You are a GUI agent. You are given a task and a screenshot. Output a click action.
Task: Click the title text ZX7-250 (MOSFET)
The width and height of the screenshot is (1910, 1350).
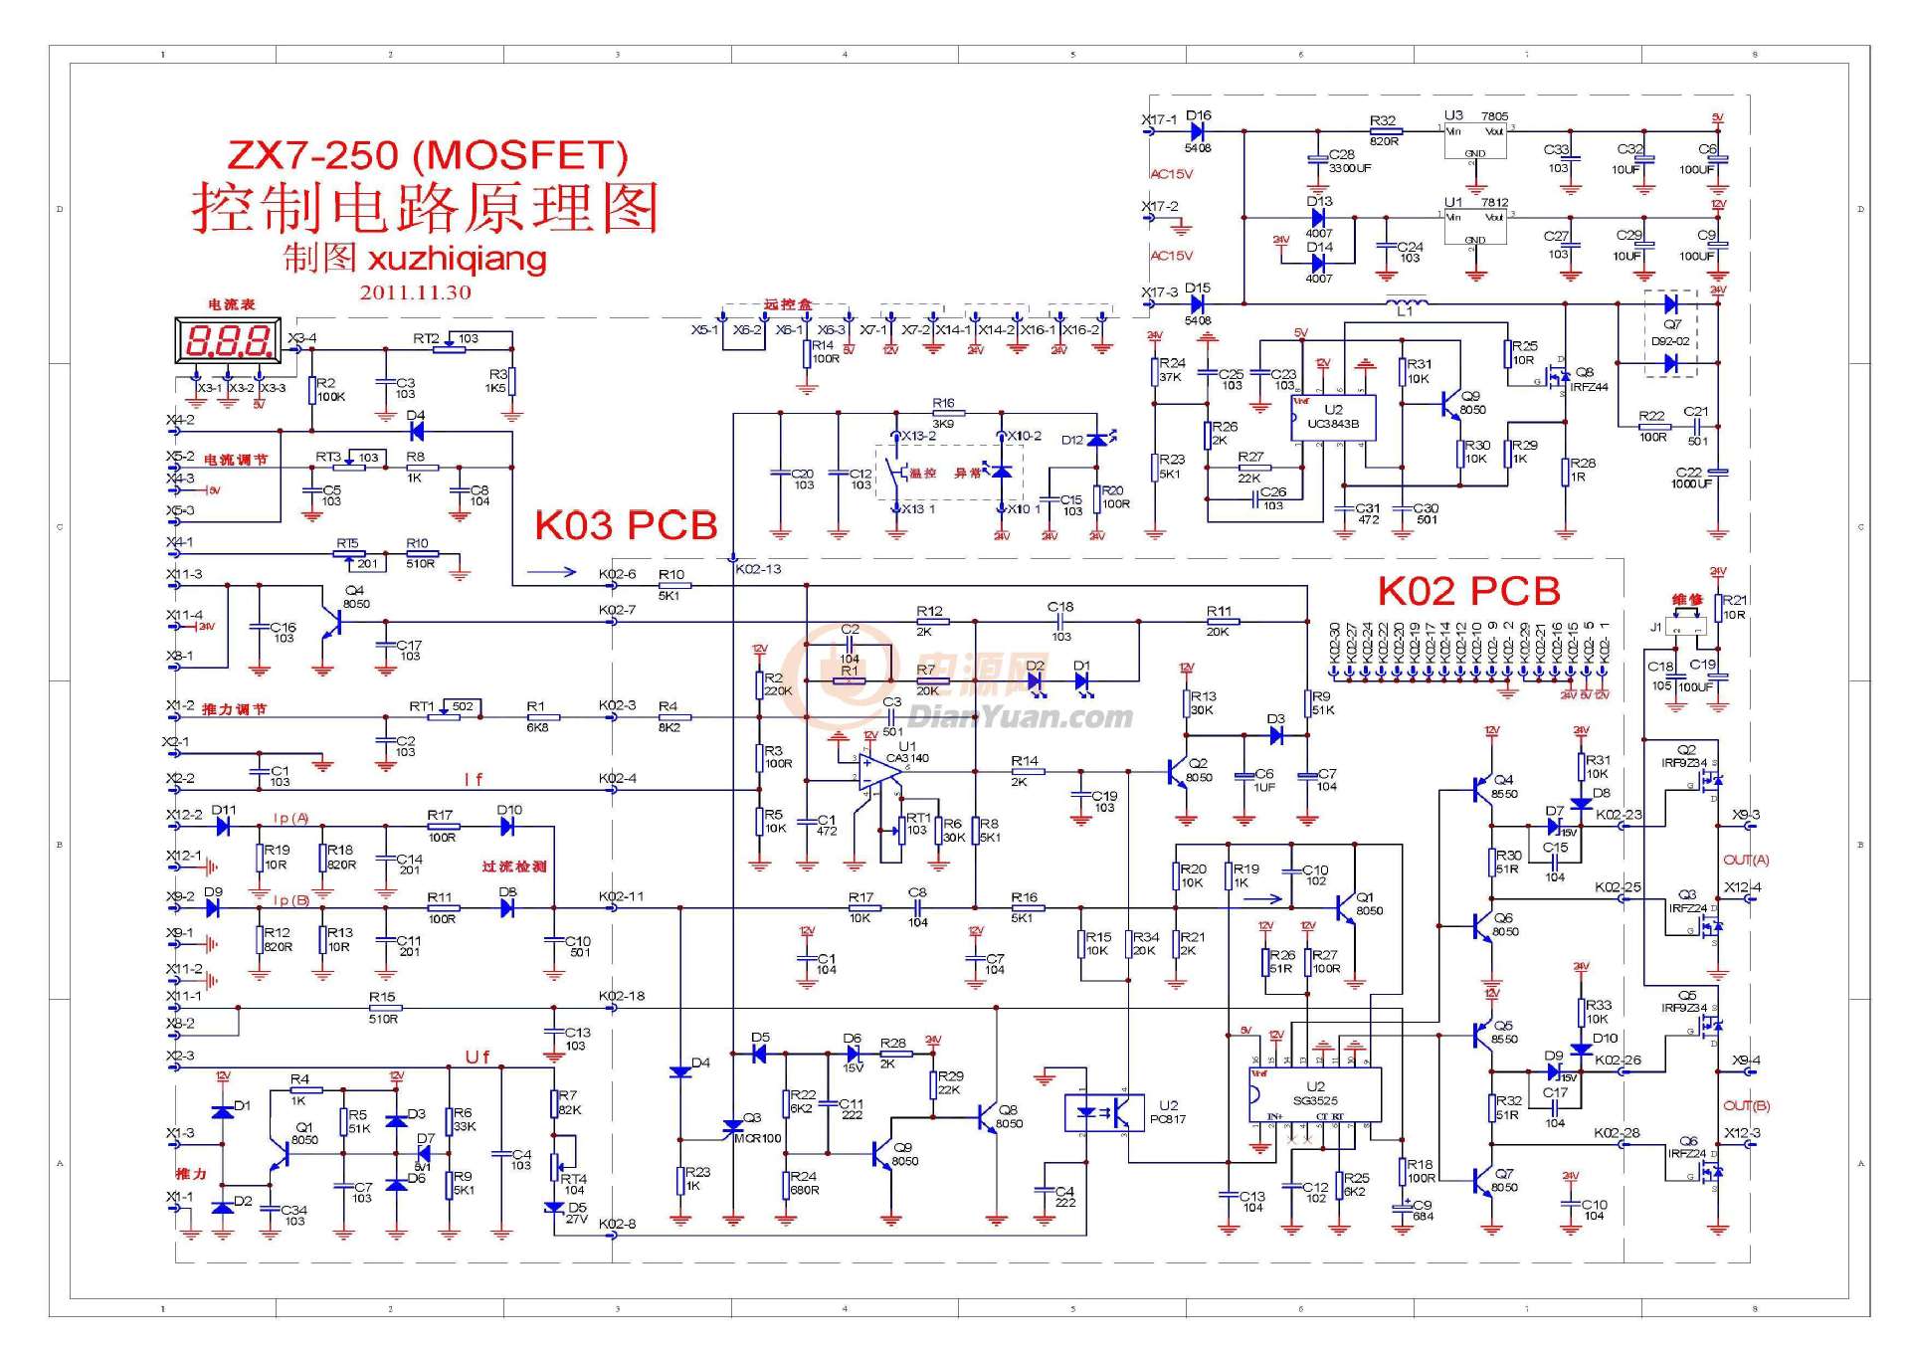coord(428,155)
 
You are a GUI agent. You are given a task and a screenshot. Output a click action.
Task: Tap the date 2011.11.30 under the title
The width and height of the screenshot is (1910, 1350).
coord(415,292)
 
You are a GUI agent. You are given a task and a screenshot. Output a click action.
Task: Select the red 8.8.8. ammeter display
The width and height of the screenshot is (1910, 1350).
coord(228,342)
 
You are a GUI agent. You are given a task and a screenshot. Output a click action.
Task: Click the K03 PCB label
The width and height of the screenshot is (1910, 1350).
coord(626,525)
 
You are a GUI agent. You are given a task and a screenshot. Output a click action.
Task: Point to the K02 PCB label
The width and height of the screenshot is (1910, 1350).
coord(1468,591)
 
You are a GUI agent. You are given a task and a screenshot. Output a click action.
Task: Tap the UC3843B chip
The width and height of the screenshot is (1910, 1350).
coord(1333,418)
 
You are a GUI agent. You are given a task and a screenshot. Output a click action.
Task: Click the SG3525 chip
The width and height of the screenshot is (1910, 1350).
coord(1315,1094)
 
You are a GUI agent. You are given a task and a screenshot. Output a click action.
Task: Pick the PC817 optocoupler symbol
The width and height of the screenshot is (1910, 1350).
coord(1103,1112)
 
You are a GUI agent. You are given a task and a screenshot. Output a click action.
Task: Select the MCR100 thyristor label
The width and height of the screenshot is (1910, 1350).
coord(757,1138)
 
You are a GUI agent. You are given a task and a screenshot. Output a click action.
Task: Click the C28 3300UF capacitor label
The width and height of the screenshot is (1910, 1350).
coord(1349,161)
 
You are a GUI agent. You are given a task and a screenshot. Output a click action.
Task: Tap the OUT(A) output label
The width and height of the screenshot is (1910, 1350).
coord(1746,860)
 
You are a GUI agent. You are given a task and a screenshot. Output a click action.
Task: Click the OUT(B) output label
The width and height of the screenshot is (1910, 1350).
coord(1746,1105)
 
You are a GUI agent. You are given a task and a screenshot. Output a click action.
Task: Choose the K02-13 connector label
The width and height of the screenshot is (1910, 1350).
coord(758,569)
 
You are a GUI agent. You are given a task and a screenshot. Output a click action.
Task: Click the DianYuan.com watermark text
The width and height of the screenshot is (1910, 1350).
coord(1020,716)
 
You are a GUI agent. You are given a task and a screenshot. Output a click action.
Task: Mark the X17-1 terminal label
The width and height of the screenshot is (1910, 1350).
coord(1158,119)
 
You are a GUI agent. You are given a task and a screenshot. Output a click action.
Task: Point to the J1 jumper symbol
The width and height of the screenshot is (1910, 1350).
coord(1685,627)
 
